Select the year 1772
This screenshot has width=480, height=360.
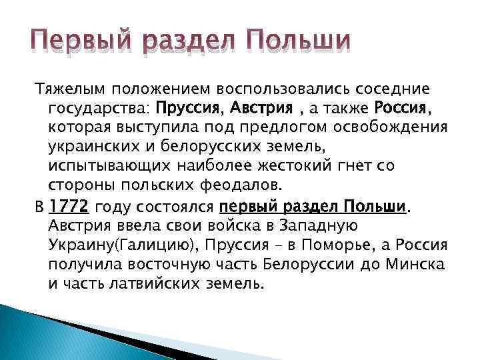pyautogui.click(x=69, y=207)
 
